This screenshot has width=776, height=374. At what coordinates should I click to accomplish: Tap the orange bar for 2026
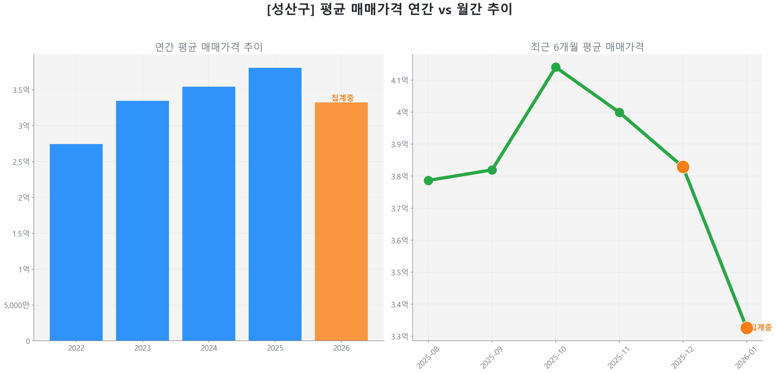point(341,221)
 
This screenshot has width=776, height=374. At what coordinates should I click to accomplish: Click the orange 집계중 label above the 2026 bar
point(342,98)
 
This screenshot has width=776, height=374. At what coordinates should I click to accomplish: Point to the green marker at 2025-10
point(555,67)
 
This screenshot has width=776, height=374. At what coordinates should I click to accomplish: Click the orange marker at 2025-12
point(683,167)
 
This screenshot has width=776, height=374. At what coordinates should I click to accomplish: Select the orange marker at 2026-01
point(746,328)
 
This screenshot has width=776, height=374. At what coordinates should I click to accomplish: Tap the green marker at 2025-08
point(428,181)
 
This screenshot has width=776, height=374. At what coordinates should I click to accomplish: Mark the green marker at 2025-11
point(619,112)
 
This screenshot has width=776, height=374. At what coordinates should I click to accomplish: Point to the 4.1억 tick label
point(399,80)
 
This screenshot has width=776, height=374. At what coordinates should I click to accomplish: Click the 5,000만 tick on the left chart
point(17,305)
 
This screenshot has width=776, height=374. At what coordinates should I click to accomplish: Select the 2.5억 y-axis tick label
point(21,162)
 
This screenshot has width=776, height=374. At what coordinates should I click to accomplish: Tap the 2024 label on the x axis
point(209,348)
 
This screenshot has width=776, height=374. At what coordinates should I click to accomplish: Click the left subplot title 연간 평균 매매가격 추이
point(209,47)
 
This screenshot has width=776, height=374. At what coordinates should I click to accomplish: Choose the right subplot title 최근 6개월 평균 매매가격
point(587,47)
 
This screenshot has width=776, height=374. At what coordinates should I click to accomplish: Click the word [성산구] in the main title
point(291,9)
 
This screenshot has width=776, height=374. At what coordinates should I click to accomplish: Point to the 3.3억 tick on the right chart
point(399,336)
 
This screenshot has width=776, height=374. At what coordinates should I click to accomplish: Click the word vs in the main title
point(445,10)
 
